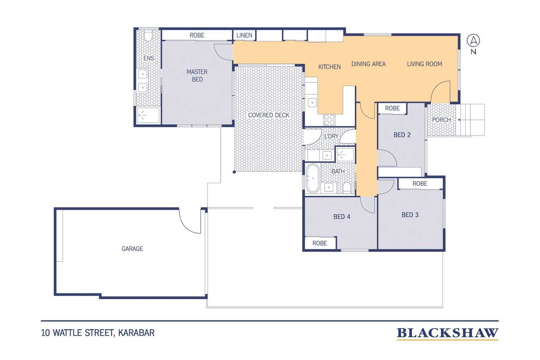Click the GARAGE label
[x=132, y=249]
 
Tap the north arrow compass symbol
[x=473, y=41]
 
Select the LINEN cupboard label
[x=244, y=35]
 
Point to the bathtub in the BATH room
[x=313, y=178]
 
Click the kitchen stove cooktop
[x=329, y=120]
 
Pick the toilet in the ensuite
[x=148, y=36]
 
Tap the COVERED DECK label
[x=269, y=115]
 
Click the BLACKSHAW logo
[x=448, y=333]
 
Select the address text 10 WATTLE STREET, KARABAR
[x=98, y=333]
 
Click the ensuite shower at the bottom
[x=148, y=116]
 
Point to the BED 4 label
[x=342, y=217]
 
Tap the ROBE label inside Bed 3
[x=420, y=184]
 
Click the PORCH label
[x=441, y=120]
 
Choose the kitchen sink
[x=312, y=103]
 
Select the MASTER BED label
[x=197, y=76]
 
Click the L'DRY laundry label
[x=331, y=136]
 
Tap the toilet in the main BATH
[x=347, y=188]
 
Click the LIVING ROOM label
[x=424, y=64]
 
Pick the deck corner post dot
[x=234, y=172]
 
